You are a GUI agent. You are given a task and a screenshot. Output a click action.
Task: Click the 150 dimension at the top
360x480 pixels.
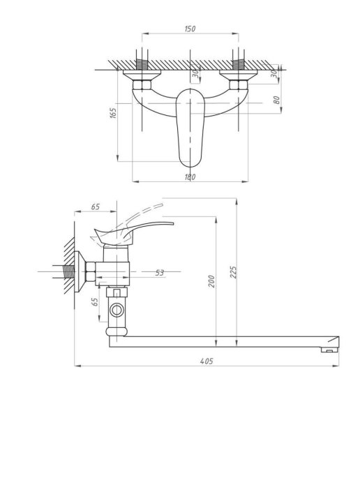(190, 29)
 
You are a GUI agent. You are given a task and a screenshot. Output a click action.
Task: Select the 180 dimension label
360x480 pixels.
(190, 177)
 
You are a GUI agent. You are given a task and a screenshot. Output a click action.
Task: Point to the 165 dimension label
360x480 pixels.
(113, 113)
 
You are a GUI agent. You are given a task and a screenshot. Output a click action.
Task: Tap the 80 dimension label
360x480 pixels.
(276, 100)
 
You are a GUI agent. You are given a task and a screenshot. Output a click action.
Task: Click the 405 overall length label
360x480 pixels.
(207, 361)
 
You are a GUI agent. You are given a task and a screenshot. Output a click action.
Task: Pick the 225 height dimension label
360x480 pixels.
(233, 272)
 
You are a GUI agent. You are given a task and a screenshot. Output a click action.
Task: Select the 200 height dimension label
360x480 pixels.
(211, 281)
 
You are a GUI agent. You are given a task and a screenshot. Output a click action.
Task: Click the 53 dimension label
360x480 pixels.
(160, 273)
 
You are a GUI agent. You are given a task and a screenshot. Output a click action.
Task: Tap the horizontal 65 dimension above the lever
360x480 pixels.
(96, 207)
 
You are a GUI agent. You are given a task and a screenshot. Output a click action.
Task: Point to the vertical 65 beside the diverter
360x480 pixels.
(95, 302)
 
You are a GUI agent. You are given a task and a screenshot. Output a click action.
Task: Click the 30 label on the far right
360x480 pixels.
(274, 73)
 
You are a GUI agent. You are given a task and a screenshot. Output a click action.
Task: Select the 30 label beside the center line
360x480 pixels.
(195, 73)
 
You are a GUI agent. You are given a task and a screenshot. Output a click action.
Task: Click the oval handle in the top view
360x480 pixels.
(190, 128)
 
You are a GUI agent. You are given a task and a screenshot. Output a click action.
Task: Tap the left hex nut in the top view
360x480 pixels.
(142, 85)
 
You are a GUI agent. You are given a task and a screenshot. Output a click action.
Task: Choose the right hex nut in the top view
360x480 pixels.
(239, 85)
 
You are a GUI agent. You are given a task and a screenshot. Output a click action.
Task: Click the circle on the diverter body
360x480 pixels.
(117, 310)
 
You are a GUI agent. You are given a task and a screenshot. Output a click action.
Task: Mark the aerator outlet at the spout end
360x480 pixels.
(329, 350)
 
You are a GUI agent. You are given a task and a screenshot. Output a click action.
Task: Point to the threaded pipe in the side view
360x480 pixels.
(68, 271)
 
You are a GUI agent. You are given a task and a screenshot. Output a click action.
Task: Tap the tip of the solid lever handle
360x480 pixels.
(173, 223)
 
